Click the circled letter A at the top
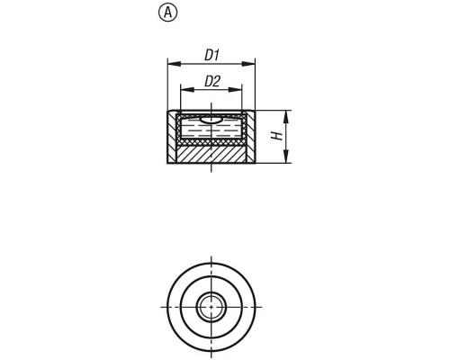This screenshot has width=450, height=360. [x=167, y=13]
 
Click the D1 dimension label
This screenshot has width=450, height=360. [x=211, y=56]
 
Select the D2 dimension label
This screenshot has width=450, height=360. [x=212, y=81]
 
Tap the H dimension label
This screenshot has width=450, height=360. [x=277, y=136]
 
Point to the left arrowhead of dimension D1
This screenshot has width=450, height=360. [x=175, y=64]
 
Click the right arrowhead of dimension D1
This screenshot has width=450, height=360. [x=248, y=64]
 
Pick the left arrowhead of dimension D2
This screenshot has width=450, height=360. [x=187, y=89]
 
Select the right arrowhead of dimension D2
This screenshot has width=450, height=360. [x=235, y=89]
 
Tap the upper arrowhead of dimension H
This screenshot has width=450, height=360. [x=287, y=117]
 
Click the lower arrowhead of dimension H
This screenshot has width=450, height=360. [x=287, y=157]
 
